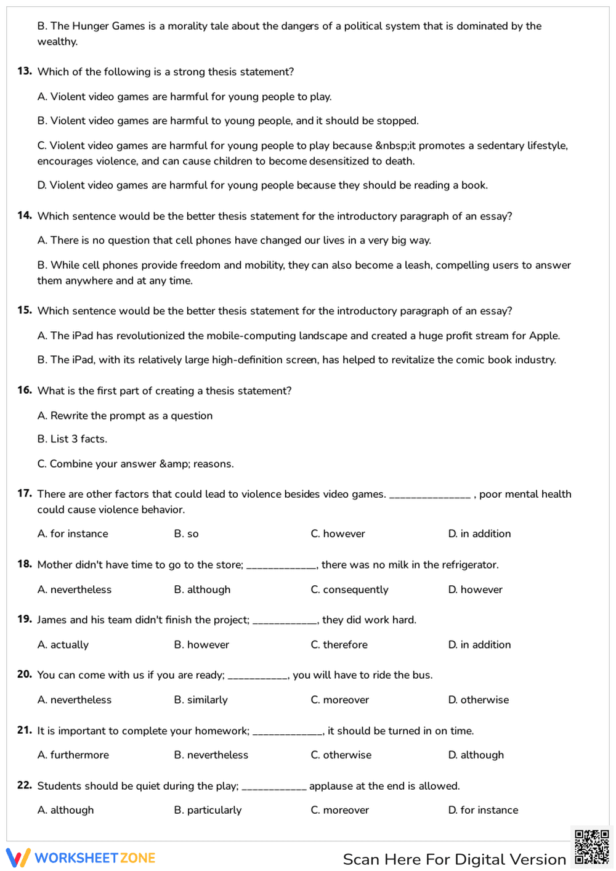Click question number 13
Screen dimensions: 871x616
point(25,71)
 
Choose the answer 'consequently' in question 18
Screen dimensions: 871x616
point(349,589)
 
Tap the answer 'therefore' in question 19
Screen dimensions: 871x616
point(339,644)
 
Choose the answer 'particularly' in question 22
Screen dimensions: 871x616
point(208,810)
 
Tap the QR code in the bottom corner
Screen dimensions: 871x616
point(591,847)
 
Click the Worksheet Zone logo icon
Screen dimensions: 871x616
point(18,857)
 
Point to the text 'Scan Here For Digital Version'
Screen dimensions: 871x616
point(454,859)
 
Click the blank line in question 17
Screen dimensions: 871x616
point(429,496)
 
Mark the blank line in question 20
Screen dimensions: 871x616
point(257,678)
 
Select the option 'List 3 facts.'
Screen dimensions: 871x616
point(72,439)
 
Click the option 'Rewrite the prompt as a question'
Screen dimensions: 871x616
point(125,416)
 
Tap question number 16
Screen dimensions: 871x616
point(25,390)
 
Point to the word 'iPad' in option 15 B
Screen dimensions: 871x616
point(83,360)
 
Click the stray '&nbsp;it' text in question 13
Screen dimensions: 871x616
point(395,145)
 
